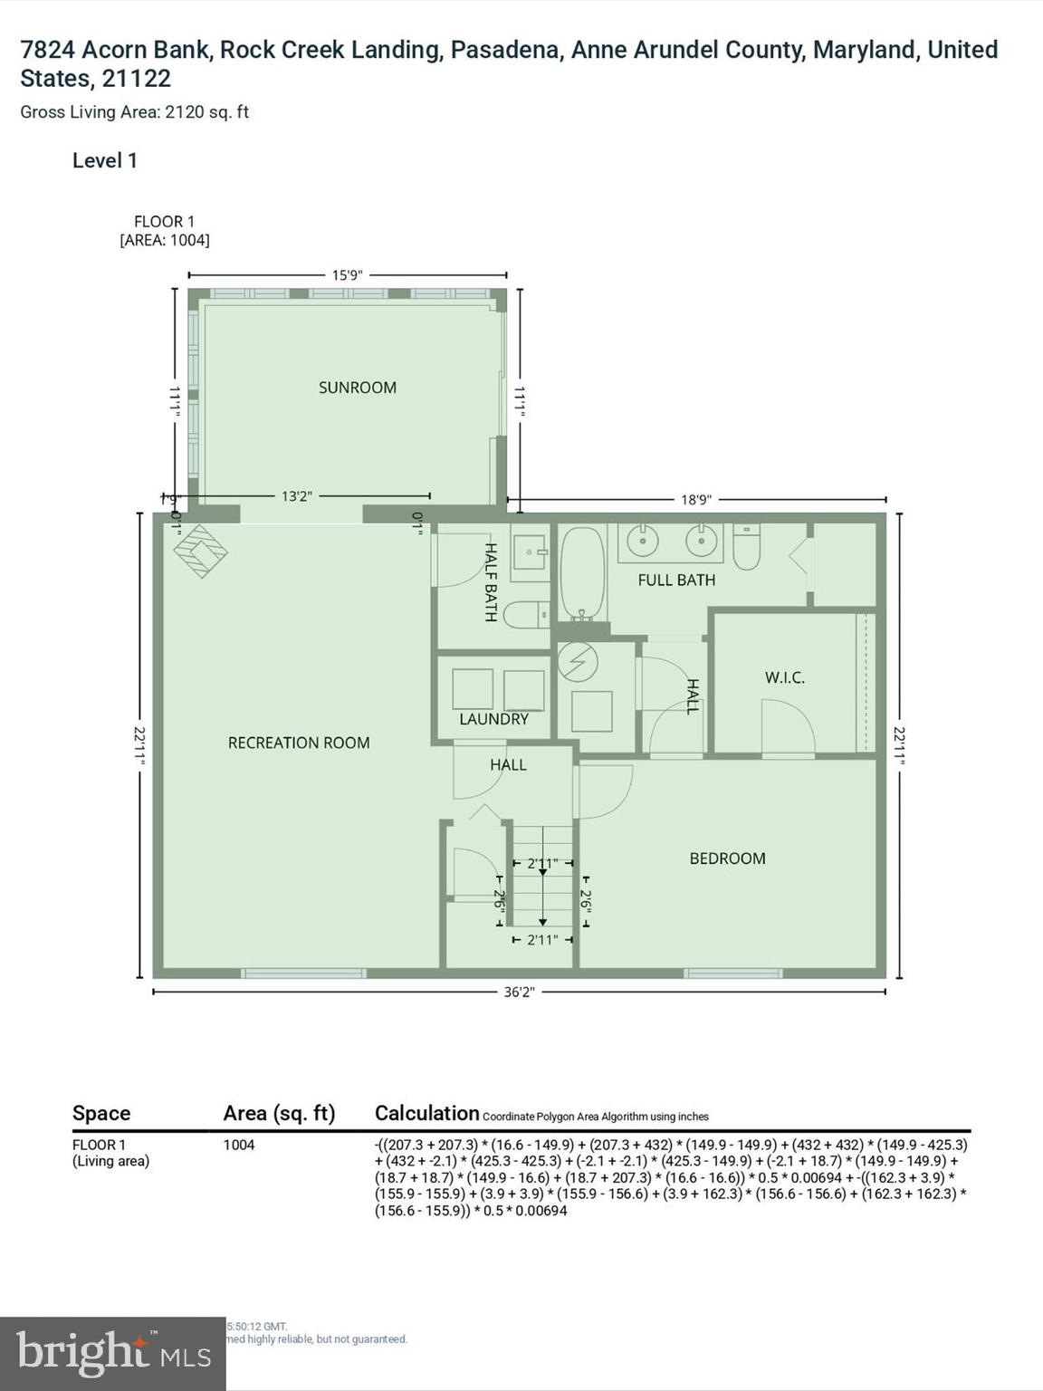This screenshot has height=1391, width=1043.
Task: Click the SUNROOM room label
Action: tap(357, 388)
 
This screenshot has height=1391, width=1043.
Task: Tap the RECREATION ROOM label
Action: tap(298, 743)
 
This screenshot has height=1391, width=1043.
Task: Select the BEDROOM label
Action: tap(727, 859)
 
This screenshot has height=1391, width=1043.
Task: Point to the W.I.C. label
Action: tap(784, 677)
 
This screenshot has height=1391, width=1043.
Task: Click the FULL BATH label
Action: tap(676, 580)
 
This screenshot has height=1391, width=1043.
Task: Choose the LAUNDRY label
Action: tap(493, 719)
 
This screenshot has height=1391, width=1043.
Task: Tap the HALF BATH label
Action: tap(490, 581)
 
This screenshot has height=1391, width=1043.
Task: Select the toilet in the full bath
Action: tap(746, 548)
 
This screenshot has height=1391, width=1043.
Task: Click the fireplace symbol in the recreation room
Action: tap(200, 551)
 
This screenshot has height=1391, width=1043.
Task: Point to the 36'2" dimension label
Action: tap(519, 992)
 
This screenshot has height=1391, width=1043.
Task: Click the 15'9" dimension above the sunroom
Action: tap(347, 275)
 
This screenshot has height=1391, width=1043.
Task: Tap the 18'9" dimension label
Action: tap(696, 499)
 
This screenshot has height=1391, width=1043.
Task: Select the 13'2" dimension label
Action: tap(296, 496)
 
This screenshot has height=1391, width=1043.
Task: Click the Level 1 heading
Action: tap(105, 161)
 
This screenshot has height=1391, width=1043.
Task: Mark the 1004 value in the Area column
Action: tap(239, 1145)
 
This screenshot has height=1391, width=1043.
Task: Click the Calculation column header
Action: tap(426, 1113)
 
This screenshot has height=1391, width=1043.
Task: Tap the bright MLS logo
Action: tap(112, 1354)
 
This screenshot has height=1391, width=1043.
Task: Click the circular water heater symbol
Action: tap(578, 663)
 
